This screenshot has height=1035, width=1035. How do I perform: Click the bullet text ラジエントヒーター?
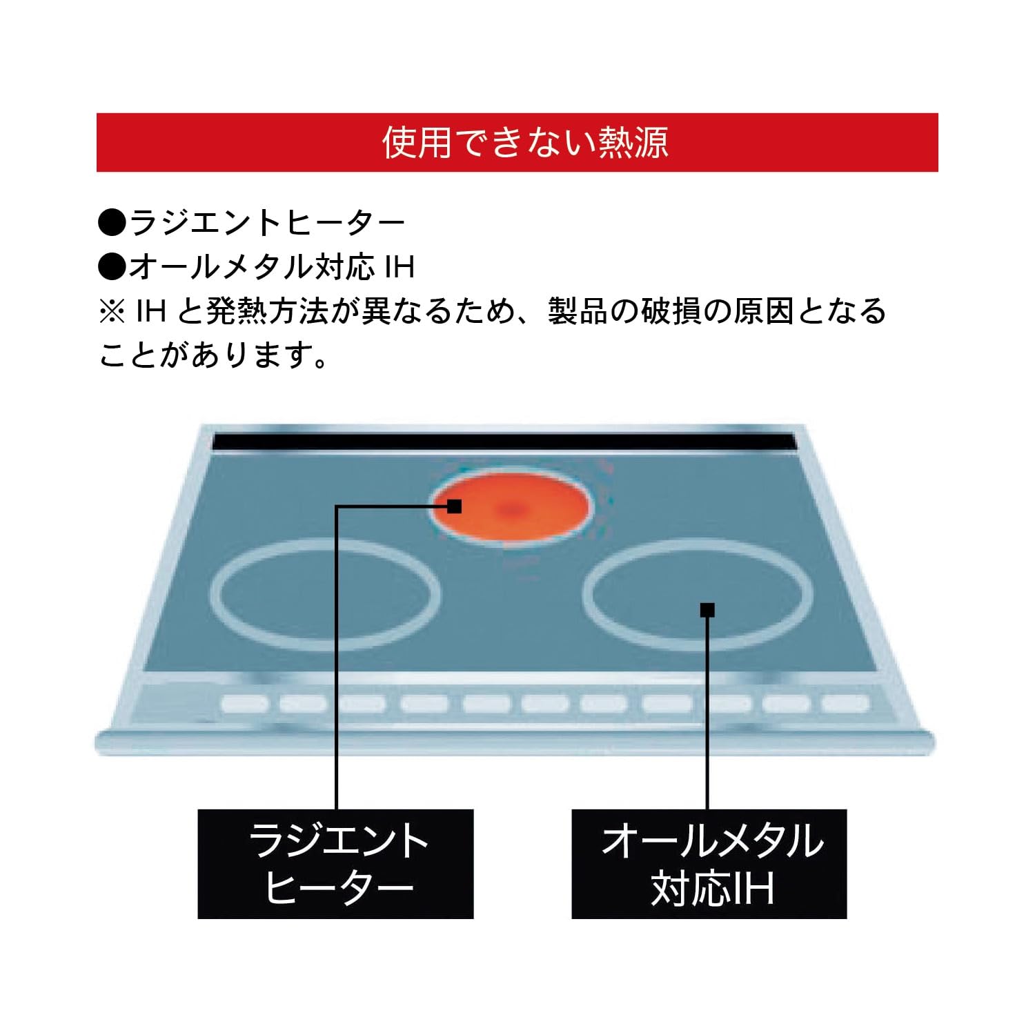coord(267,223)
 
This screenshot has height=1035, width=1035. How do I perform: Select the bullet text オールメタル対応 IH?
coord(272,267)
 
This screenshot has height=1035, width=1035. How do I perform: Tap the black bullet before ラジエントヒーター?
coord(112,223)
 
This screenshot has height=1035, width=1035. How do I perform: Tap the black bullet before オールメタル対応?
coord(112,267)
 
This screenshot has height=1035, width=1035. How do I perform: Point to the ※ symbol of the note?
coord(111,311)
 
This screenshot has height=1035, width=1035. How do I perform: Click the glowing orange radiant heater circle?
coord(511,509)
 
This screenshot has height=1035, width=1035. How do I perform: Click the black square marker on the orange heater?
coord(454,506)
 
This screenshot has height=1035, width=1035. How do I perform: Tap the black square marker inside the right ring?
coord(707,610)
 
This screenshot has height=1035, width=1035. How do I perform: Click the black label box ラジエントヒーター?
coord(335,864)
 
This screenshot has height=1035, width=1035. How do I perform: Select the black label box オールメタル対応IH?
coord(709,864)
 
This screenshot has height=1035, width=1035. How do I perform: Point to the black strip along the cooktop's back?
coord(504,442)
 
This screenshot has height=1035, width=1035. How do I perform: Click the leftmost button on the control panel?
coord(245,704)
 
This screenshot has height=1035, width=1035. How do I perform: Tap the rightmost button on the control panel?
coord(845,704)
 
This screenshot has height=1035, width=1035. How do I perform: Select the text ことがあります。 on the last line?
coord(213,355)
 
